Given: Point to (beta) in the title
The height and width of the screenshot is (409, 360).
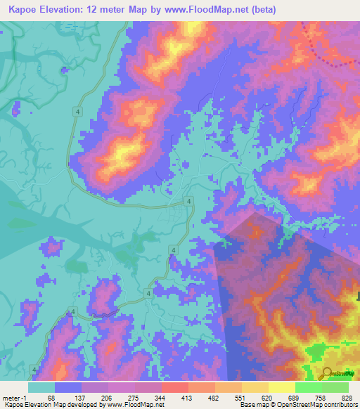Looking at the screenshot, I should (262, 10).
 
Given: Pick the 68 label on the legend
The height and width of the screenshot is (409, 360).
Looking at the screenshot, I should (51, 398).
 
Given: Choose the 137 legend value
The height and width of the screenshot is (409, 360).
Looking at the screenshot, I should (79, 398).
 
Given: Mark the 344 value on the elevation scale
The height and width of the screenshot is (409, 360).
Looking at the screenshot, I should (159, 398).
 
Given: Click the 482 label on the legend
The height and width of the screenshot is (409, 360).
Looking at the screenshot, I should (213, 398).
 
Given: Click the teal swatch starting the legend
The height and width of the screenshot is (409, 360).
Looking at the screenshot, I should (41, 387).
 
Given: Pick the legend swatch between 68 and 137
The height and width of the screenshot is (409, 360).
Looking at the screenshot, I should (68, 387).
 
